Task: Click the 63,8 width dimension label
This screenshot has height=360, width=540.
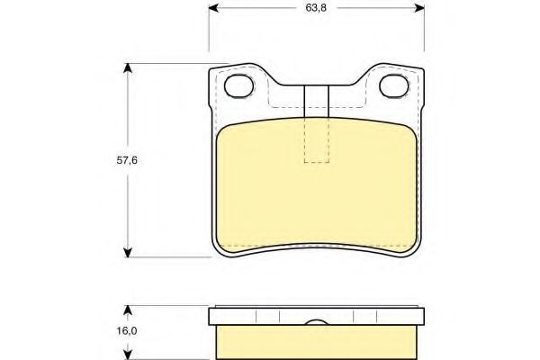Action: click(316, 8)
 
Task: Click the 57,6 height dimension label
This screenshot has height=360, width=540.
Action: click(127, 160)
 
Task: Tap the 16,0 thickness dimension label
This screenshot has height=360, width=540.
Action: click(127, 331)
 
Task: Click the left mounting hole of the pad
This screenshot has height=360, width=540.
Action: click(239, 85)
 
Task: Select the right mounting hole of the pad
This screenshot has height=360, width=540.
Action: click(394, 85)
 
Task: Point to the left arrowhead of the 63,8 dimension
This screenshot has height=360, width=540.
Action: click(213, 7)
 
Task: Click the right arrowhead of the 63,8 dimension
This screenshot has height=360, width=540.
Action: click(419, 7)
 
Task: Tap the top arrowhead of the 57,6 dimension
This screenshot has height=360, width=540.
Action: click(128, 68)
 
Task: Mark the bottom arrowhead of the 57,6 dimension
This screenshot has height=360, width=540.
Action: click(128, 252)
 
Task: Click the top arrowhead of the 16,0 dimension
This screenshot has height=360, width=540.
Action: click(128, 310)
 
